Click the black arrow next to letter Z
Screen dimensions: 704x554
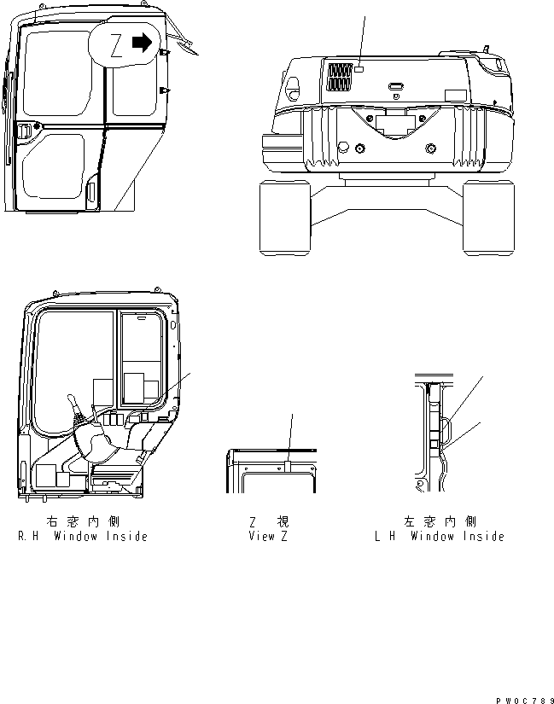[143, 41]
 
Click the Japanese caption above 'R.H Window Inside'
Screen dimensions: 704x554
[82, 521]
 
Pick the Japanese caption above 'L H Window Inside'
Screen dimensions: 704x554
[439, 521]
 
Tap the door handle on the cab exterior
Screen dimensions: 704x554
[26, 131]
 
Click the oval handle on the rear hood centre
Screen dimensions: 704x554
[396, 86]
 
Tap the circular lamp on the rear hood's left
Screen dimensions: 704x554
[291, 86]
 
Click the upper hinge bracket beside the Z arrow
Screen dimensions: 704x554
[164, 55]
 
